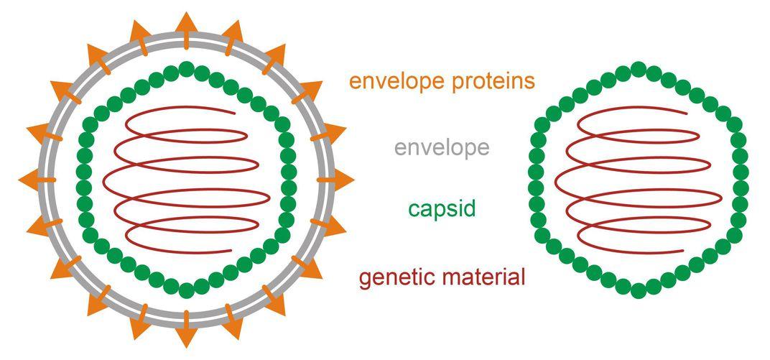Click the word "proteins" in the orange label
click(x=488, y=81)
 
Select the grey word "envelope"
click(x=441, y=148)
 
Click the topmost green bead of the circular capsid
click(x=186, y=69)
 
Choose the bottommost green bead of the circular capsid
click(x=186, y=290)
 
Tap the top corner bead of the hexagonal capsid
click(x=638, y=69)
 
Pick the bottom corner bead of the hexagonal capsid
click(x=638, y=289)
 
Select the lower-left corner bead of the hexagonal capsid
click(x=542, y=234)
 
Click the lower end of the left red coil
click(x=231, y=251)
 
